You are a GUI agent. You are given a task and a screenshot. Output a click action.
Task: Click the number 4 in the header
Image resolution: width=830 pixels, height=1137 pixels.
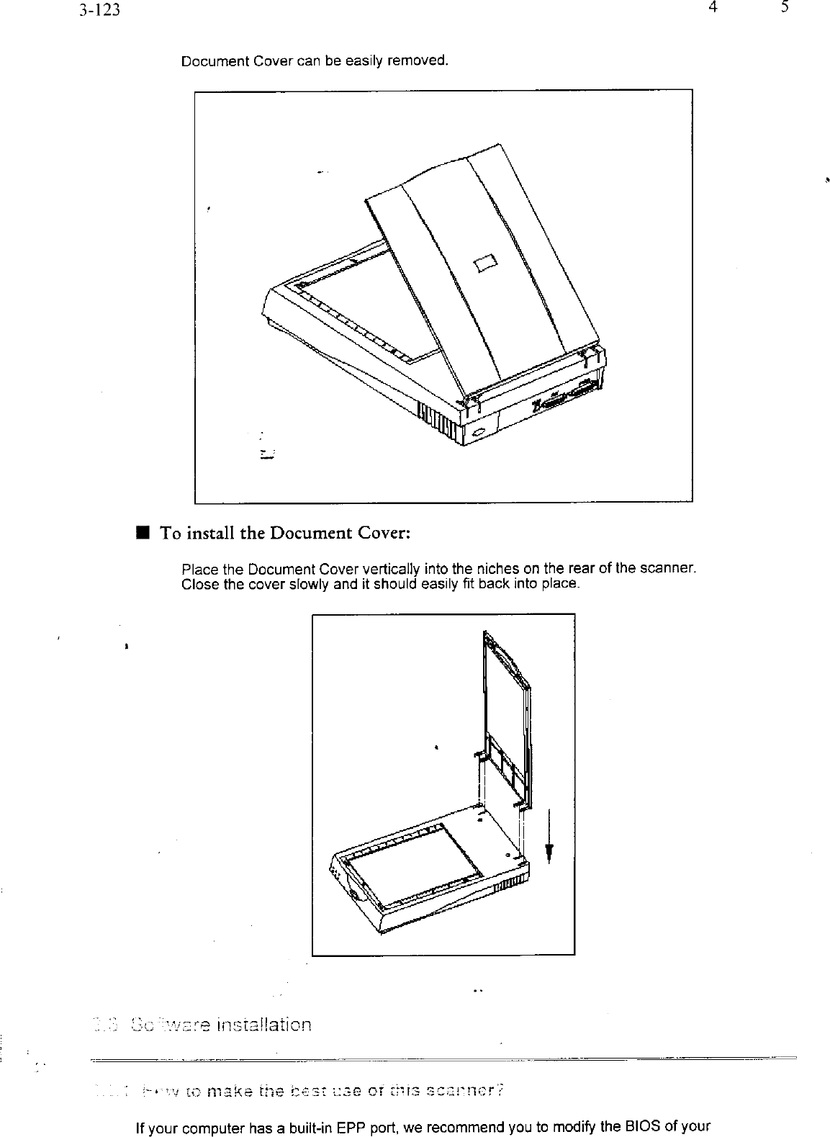click(x=711, y=8)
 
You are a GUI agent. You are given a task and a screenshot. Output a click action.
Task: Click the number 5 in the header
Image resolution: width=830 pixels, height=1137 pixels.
click(x=785, y=8)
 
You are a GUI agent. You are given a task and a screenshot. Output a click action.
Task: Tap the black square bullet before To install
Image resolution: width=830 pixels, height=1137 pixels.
click(x=143, y=534)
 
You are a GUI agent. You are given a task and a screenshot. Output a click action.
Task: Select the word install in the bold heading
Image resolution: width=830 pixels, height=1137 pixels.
click(x=212, y=534)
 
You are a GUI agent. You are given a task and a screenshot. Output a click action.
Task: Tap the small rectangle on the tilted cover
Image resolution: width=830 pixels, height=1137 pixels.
click(x=485, y=262)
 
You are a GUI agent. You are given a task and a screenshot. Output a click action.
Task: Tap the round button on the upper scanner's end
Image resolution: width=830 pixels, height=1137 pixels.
click(x=480, y=432)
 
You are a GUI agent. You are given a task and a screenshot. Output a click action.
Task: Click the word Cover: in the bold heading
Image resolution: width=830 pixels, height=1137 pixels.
click(x=382, y=534)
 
